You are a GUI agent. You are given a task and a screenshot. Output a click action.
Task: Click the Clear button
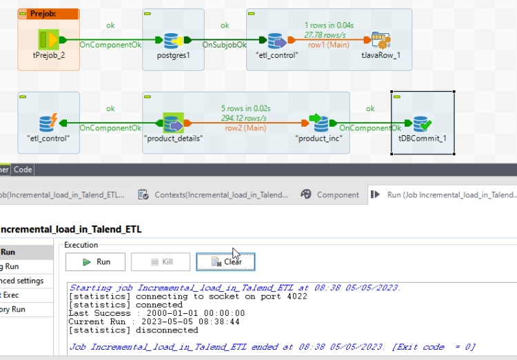225,262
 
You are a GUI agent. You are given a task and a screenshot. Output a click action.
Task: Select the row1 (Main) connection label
327,45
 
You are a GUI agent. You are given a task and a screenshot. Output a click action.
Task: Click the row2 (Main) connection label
245,128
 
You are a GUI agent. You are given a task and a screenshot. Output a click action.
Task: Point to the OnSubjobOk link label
224,45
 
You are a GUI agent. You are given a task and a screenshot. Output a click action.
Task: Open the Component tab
330,195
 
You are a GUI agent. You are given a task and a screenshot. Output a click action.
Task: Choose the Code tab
23,170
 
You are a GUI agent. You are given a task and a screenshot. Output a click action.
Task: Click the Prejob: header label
43,14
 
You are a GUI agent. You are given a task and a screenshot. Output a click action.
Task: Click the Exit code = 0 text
440,347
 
